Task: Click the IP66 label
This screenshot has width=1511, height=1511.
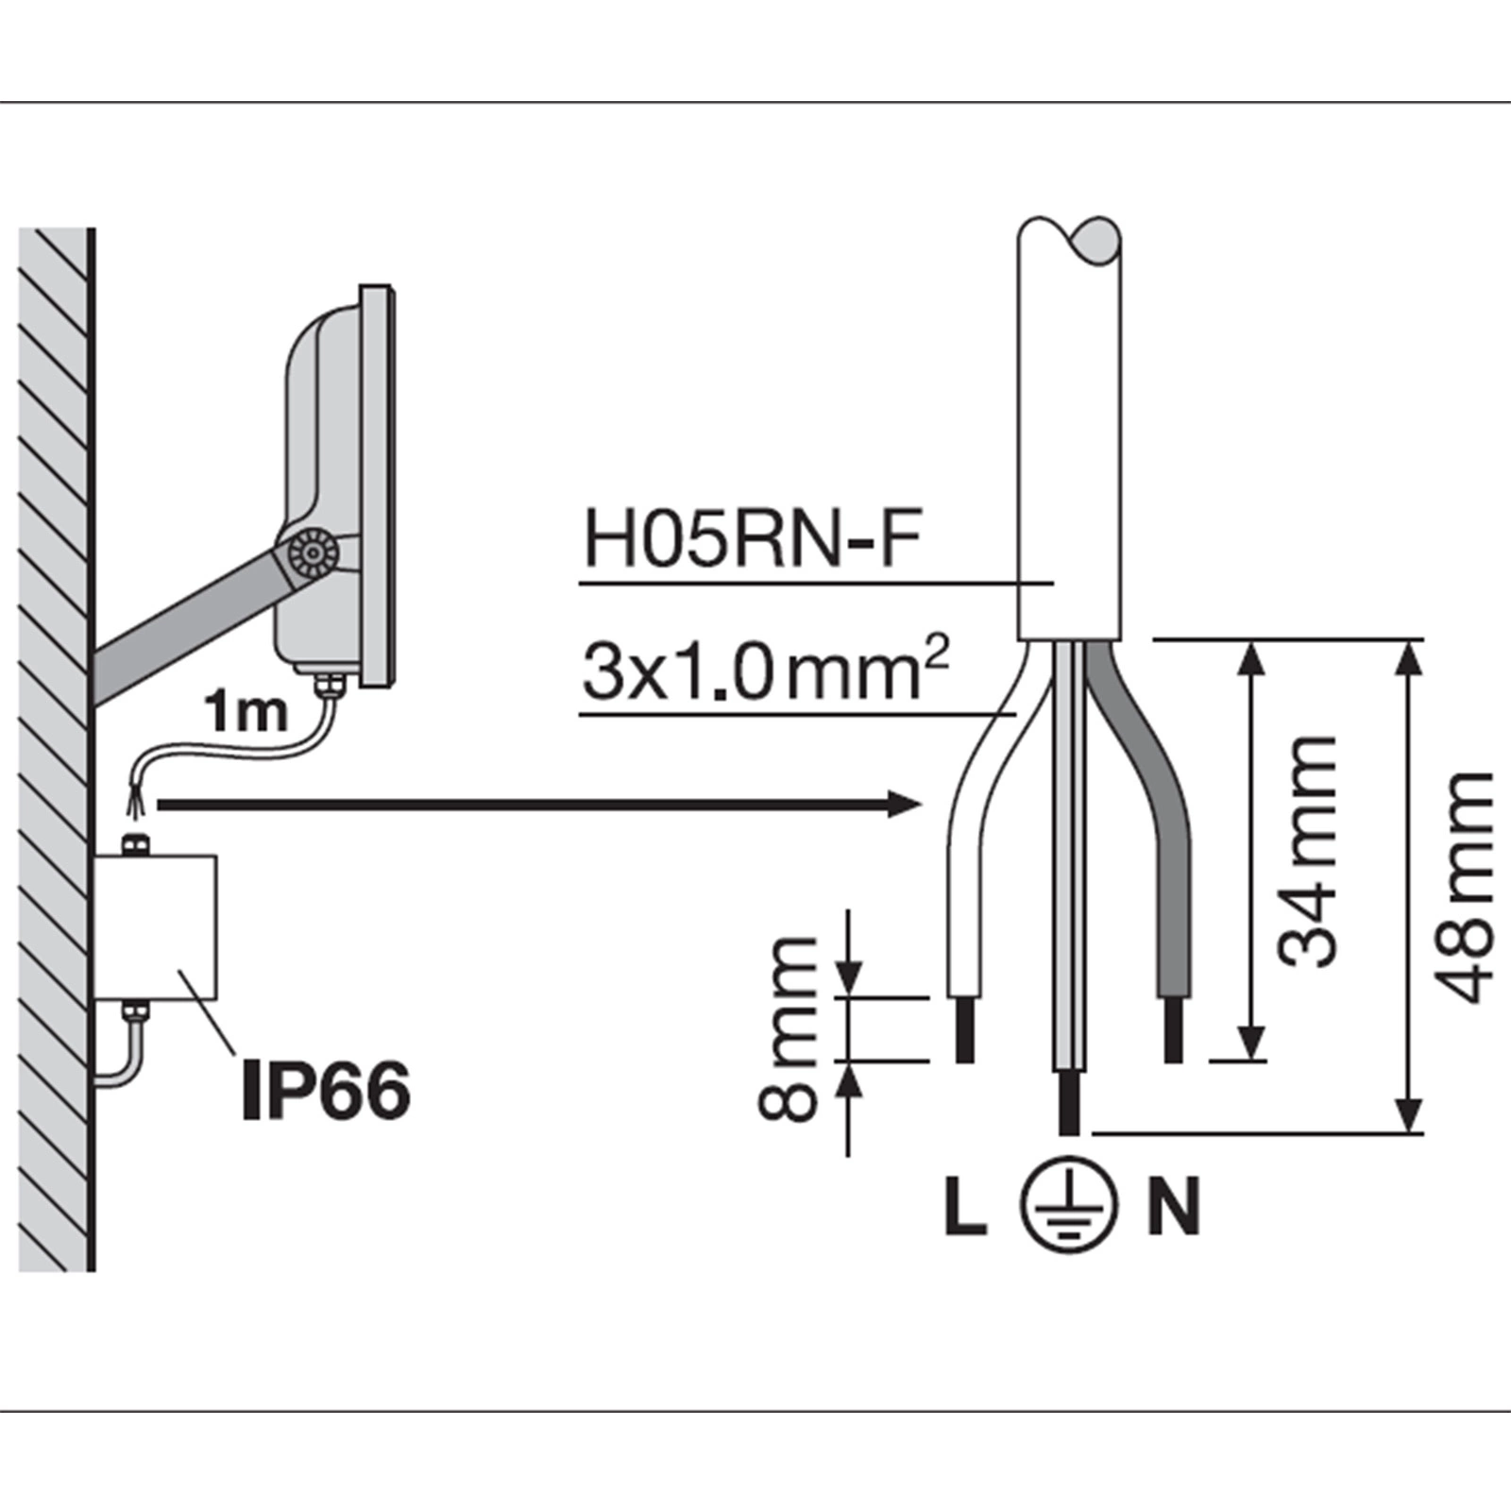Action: (x=326, y=1091)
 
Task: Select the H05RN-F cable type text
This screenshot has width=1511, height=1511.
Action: (x=752, y=539)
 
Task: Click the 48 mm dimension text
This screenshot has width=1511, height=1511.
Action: (x=1464, y=888)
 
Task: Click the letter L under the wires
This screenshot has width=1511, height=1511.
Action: (x=965, y=1206)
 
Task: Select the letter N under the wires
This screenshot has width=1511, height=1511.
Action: (x=1174, y=1206)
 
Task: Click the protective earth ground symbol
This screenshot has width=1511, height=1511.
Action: (x=1069, y=1206)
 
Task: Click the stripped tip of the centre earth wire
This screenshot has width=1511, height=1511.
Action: (x=1069, y=1101)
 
